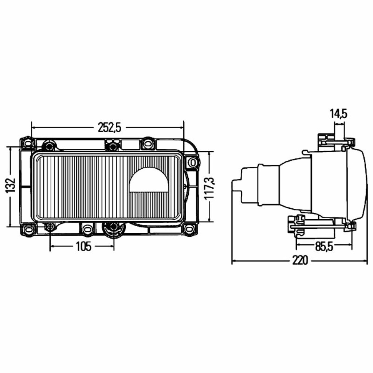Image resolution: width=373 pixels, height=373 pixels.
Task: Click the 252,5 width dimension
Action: pyautogui.click(x=110, y=128)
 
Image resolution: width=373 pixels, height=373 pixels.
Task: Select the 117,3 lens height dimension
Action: pyautogui.click(x=209, y=188)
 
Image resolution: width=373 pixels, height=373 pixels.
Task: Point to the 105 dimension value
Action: pyautogui.click(x=83, y=247)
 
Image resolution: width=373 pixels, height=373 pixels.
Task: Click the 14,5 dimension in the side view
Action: pyautogui.click(x=338, y=114)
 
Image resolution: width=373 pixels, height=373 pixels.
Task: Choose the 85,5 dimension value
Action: pyautogui.click(x=324, y=247)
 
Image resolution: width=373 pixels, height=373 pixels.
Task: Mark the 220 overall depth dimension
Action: pyautogui.click(x=300, y=260)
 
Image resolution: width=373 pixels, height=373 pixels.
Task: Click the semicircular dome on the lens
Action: pyautogui.click(x=149, y=179)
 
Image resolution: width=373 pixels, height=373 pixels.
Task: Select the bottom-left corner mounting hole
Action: pyautogui.click(x=28, y=230)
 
